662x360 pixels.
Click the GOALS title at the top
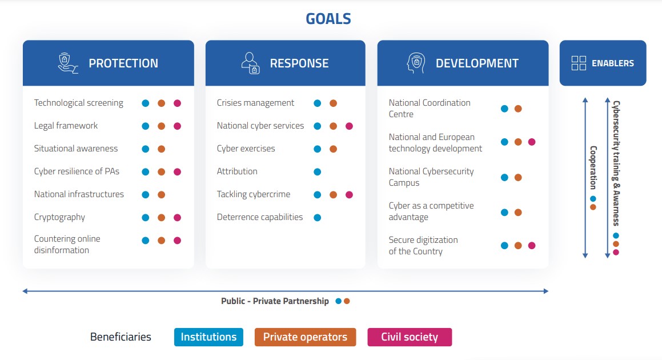click(328, 19)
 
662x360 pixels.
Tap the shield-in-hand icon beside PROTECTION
click(68, 63)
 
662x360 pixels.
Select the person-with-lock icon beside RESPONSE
click(250, 63)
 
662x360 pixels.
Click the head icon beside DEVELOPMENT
click(416, 63)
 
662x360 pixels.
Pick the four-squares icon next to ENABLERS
click(579, 63)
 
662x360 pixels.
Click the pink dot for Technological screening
click(177, 103)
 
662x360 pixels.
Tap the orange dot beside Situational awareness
click(161, 149)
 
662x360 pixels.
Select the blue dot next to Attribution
click(318, 171)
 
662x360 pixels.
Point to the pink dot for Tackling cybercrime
click(349, 194)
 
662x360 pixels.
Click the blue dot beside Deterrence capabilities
click(318, 217)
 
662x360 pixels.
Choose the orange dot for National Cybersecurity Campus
click(518, 178)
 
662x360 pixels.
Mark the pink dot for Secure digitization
click(532, 246)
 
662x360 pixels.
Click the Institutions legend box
click(208, 337)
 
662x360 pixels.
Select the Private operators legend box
click(305, 337)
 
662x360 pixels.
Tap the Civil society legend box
click(410, 337)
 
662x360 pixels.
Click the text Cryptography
click(59, 217)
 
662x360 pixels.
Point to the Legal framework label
click(66, 126)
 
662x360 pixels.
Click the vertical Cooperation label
click(593, 168)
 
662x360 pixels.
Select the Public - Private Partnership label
click(275, 301)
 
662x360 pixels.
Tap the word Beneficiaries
click(121, 337)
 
